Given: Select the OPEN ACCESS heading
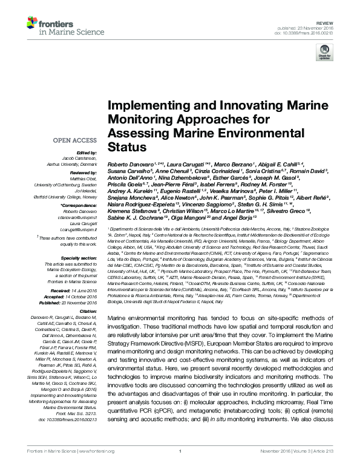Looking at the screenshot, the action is [x=76, y=140].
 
